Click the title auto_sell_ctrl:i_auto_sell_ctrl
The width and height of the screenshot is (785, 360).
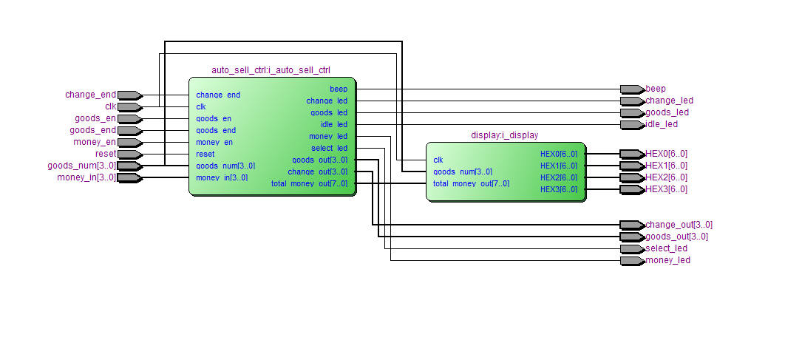click(x=271, y=70)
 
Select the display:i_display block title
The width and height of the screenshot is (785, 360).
click(x=505, y=135)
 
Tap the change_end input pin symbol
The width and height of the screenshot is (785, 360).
click(x=129, y=95)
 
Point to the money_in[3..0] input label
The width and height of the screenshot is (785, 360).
click(x=86, y=177)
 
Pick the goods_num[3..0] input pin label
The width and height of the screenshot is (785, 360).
click(x=81, y=166)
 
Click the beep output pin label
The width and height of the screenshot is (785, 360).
click(x=656, y=89)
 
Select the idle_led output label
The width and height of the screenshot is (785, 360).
click(x=662, y=124)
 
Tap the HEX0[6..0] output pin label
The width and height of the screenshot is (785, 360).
click(x=666, y=154)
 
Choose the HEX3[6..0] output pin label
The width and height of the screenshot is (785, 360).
click(x=666, y=189)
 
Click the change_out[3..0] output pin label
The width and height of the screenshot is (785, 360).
click(x=679, y=225)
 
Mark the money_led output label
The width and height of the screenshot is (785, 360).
click(x=667, y=260)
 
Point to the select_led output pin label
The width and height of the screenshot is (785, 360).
click(x=667, y=248)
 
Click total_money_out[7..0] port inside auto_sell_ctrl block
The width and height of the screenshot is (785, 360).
click(x=309, y=183)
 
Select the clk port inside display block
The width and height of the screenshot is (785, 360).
click(x=438, y=160)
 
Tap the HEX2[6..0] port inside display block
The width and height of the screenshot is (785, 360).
click(x=559, y=177)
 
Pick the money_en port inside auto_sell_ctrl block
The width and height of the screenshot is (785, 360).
click(x=214, y=142)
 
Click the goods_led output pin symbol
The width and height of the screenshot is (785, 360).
click(x=632, y=112)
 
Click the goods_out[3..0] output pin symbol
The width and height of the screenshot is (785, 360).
click(x=632, y=237)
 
